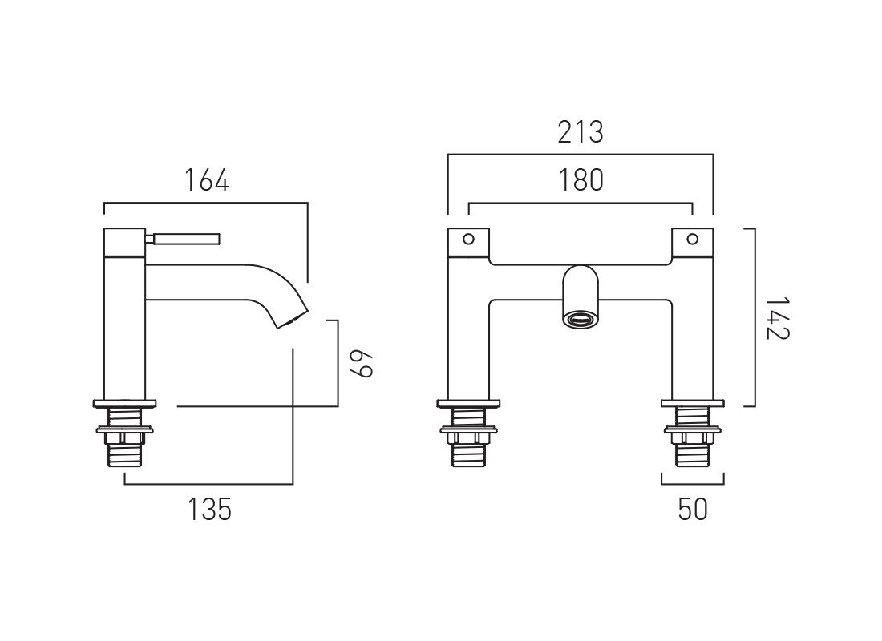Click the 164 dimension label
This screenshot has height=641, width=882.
206,181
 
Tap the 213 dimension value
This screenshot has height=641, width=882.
581,133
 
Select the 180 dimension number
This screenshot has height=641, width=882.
581,180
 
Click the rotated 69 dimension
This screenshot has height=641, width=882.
361,364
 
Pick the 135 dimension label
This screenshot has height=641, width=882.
209,510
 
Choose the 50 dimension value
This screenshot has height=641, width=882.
693,510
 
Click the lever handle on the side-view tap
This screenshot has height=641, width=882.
183,240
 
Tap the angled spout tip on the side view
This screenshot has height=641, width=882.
293,319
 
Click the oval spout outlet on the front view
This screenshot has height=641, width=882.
581,320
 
